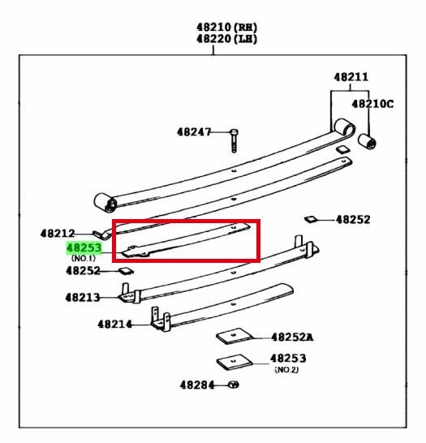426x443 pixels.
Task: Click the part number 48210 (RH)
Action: pyautogui.click(x=227, y=28)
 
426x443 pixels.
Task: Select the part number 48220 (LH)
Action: pyautogui.click(x=227, y=39)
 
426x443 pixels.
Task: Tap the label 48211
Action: pyautogui.click(x=351, y=77)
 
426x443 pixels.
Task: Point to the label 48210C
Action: pyautogui.click(x=372, y=104)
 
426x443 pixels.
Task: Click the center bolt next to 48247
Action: pyautogui.click(x=234, y=140)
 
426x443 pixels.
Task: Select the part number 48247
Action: pyautogui.click(x=194, y=132)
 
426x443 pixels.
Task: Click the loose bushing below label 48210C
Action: pyautogui.click(x=367, y=141)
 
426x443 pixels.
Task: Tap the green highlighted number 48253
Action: pyautogui.click(x=84, y=248)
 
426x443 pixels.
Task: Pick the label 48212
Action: pyautogui.click(x=58, y=234)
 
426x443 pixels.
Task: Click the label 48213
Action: pyautogui.click(x=83, y=298)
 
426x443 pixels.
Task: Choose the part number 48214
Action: pyautogui.click(x=114, y=325)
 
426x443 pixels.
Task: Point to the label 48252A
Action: pyautogui.click(x=292, y=338)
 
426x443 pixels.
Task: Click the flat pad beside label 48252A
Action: pyautogui.click(x=235, y=336)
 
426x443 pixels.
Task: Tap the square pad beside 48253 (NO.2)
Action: pyautogui.click(x=234, y=362)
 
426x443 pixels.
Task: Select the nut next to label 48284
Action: pyautogui.click(x=234, y=385)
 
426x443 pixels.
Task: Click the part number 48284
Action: pyautogui.click(x=197, y=385)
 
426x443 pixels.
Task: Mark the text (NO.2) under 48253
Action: pyautogui.click(x=286, y=369)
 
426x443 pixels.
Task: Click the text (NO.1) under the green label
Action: pyautogui.click(x=84, y=258)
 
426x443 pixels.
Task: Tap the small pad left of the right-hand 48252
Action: pyautogui.click(x=311, y=219)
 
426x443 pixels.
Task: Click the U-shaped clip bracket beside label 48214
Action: pyautogui.click(x=160, y=320)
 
